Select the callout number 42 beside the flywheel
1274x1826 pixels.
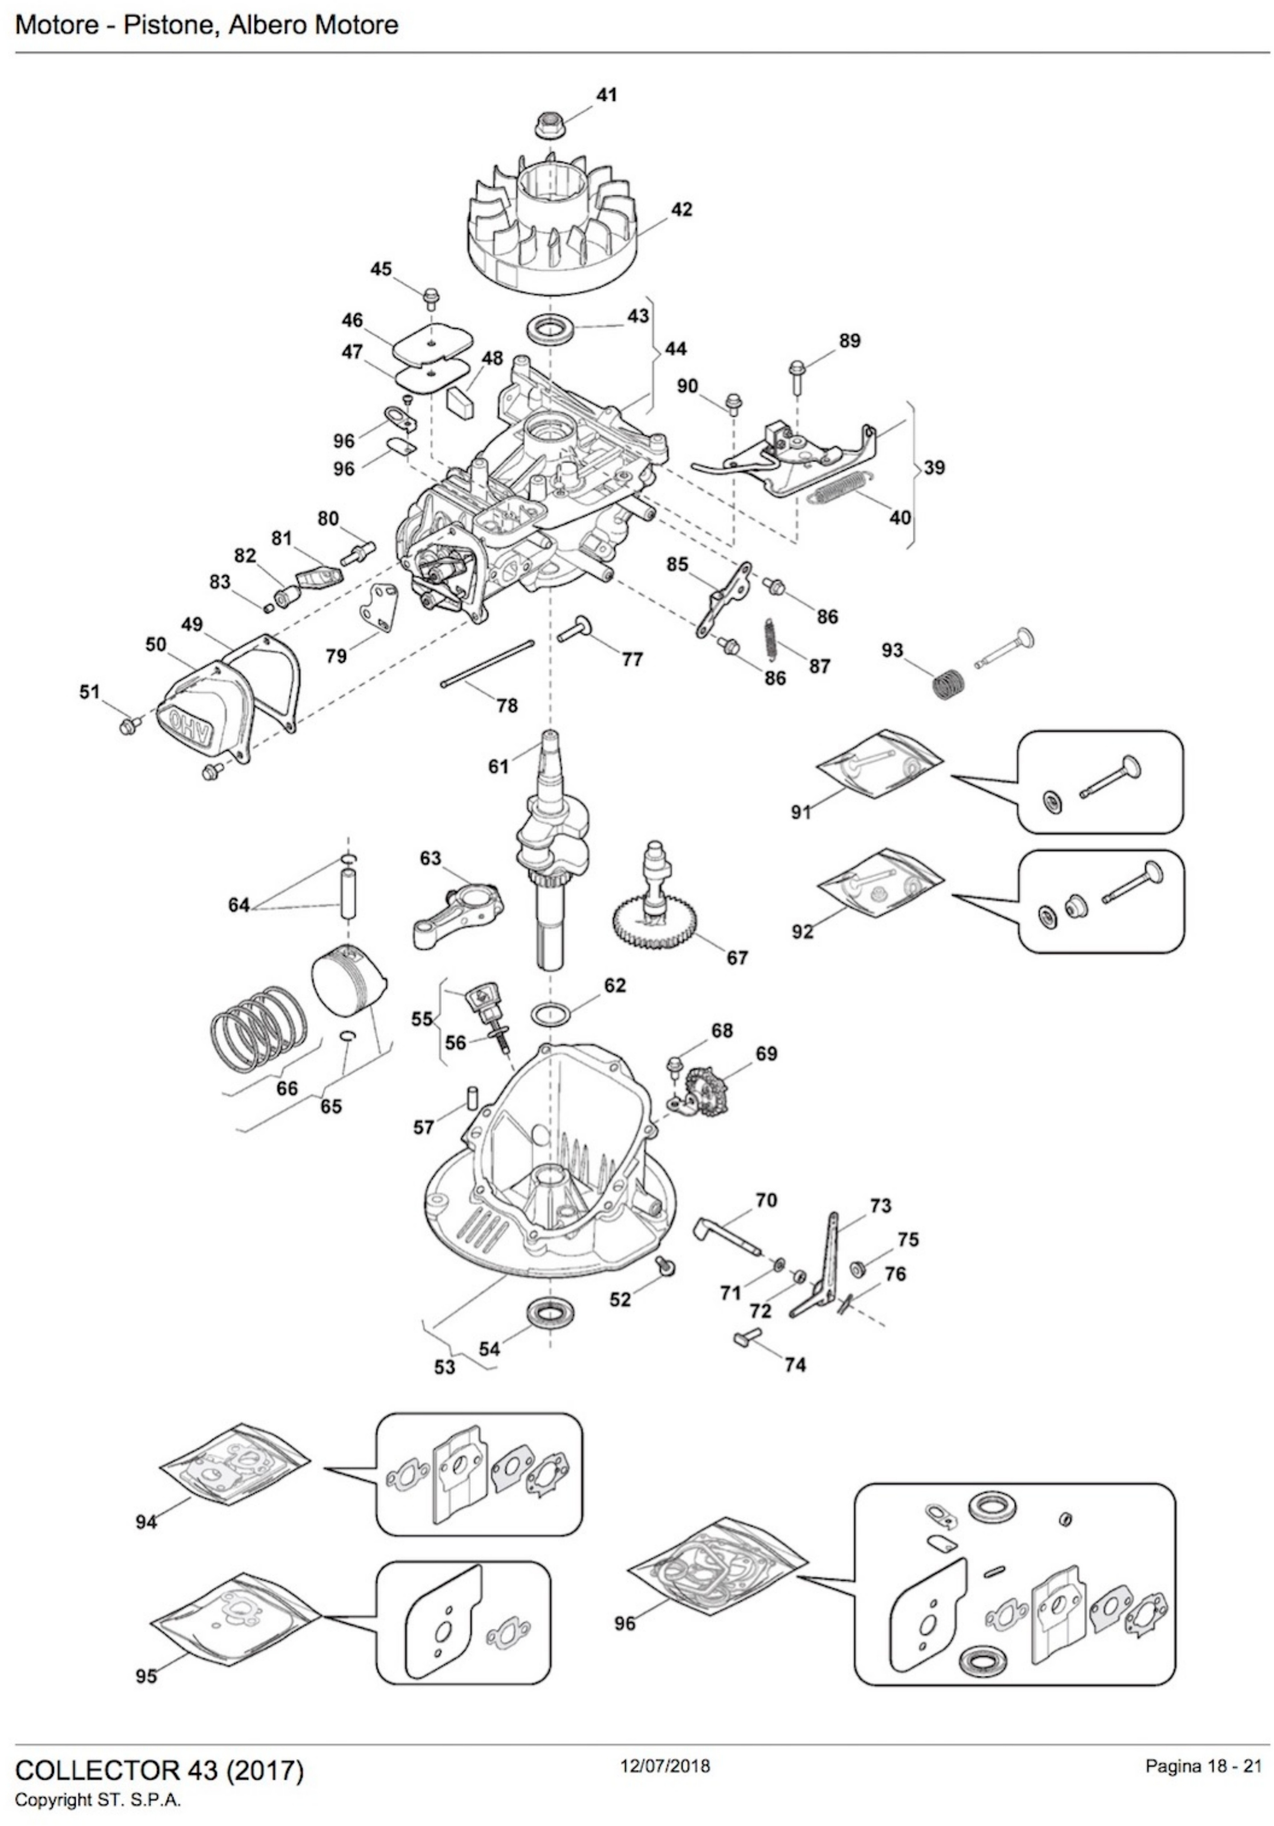[681, 209]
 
